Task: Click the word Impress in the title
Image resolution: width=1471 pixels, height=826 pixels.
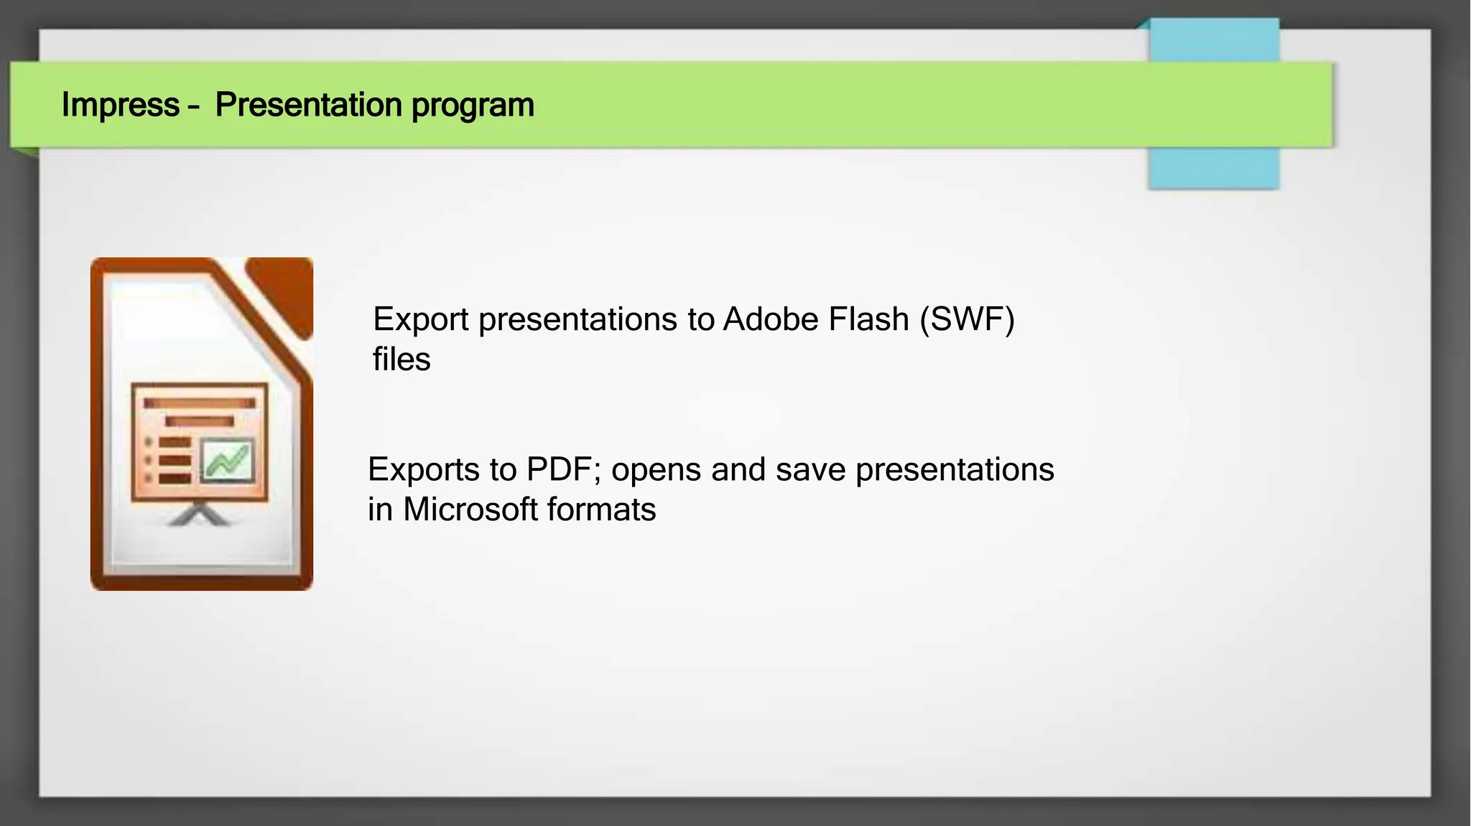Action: click(120, 105)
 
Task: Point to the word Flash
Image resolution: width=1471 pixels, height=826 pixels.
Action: click(868, 319)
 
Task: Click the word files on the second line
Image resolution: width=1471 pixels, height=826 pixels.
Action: click(401, 360)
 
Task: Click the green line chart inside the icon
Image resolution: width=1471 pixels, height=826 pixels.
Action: click(227, 461)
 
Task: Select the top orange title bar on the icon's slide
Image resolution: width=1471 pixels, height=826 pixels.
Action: click(199, 403)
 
